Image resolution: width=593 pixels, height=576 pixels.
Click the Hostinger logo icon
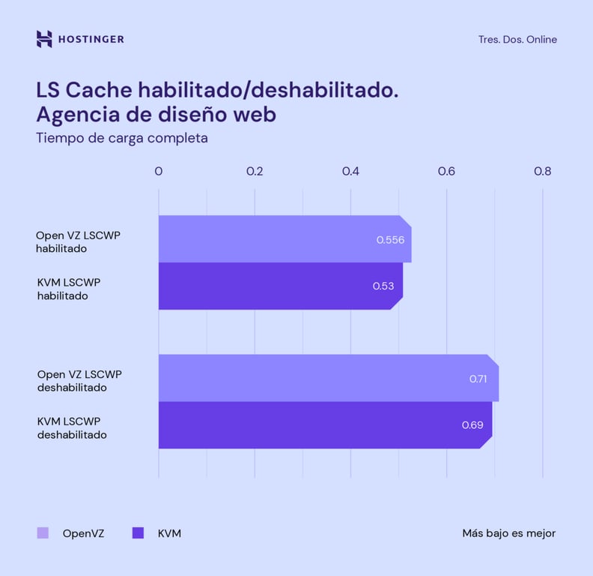tap(44, 39)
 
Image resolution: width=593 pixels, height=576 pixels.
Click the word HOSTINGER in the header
tap(91, 39)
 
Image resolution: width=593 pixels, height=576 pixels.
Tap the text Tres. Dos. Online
tap(517, 40)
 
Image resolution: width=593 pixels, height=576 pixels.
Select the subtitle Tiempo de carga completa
tap(122, 138)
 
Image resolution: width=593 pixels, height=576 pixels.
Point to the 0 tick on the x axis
tap(159, 171)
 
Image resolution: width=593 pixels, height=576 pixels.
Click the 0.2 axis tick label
tap(255, 171)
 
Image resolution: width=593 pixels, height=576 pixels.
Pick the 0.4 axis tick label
tap(350, 171)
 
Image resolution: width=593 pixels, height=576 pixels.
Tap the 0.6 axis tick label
tap(446, 171)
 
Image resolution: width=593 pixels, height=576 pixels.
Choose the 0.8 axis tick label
tap(542, 171)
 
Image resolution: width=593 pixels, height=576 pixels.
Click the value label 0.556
tap(390, 240)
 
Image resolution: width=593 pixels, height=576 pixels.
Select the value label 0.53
tap(383, 286)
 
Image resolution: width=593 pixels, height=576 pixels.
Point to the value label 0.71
tap(478, 379)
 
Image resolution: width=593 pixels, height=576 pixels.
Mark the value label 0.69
tap(472, 425)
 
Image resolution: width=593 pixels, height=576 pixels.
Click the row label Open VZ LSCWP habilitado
tap(78, 241)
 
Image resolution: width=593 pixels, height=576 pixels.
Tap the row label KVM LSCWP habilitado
tap(68, 289)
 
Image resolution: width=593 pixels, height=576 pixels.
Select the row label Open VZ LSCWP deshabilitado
tap(79, 380)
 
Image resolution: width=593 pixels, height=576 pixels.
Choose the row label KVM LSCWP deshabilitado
tap(72, 427)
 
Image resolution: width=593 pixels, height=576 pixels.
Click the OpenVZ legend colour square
tap(43, 533)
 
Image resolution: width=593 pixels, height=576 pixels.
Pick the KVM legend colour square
tap(138, 533)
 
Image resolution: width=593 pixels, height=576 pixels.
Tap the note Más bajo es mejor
tap(508, 533)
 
